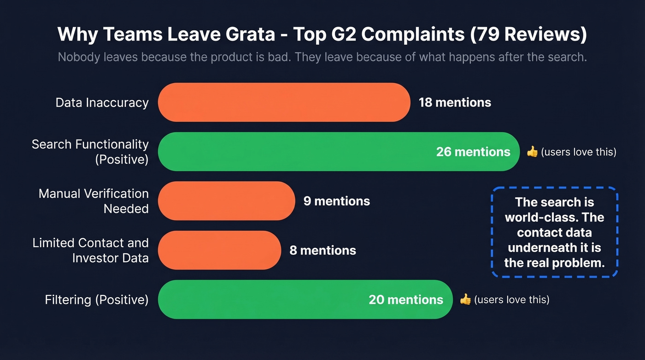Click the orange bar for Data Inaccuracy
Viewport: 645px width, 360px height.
tap(284, 102)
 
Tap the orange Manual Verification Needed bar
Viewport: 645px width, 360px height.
tap(226, 201)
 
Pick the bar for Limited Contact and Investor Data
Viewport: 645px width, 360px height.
tap(219, 250)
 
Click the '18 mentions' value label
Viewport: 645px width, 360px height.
tap(455, 102)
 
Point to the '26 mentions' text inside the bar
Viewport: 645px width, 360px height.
tap(473, 152)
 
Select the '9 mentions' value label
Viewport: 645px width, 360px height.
tap(336, 201)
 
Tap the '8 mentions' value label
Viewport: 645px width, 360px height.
tap(322, 250)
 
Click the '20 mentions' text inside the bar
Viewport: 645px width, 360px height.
tap(405, 300)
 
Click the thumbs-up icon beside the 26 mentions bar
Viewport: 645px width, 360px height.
tap(532, 152)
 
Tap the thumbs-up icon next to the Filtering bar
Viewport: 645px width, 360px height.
tap(465, 300)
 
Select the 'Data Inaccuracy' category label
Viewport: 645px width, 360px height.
tap(102, 102)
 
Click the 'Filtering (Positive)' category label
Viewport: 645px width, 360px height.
tap(96, 300)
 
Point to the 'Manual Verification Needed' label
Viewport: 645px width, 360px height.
tap(94, 201)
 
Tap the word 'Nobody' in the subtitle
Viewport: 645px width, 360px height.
tap(76, 58)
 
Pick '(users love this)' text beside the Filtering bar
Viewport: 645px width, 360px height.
tap(511, 300)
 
